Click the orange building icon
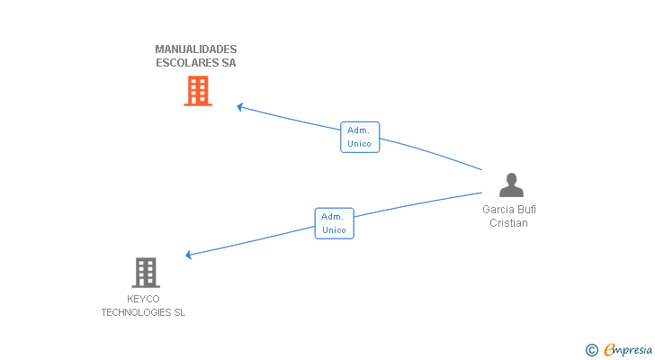click(x=198, y=91)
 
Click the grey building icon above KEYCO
click(x=146, y=272)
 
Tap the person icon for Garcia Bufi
click(x=511, y=185)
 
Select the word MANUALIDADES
click(x=196, y=49)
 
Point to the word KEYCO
click(x=144, y=299)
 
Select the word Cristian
click(x=508, y=223)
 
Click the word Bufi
click(x=526, y=210)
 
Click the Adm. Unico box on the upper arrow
click(x=360, y=137)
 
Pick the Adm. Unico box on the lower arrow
click(x=335, y=223)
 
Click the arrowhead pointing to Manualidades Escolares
click(x=240, y=107)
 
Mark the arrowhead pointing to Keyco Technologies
click(x=189, y=256)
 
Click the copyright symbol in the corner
click(x=592, y=350)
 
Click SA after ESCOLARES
click(x=229, y=63)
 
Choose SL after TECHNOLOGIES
click(x=179, y=312)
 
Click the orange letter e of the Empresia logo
click(x=610, y=350)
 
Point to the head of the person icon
click(x=511, y=178)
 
